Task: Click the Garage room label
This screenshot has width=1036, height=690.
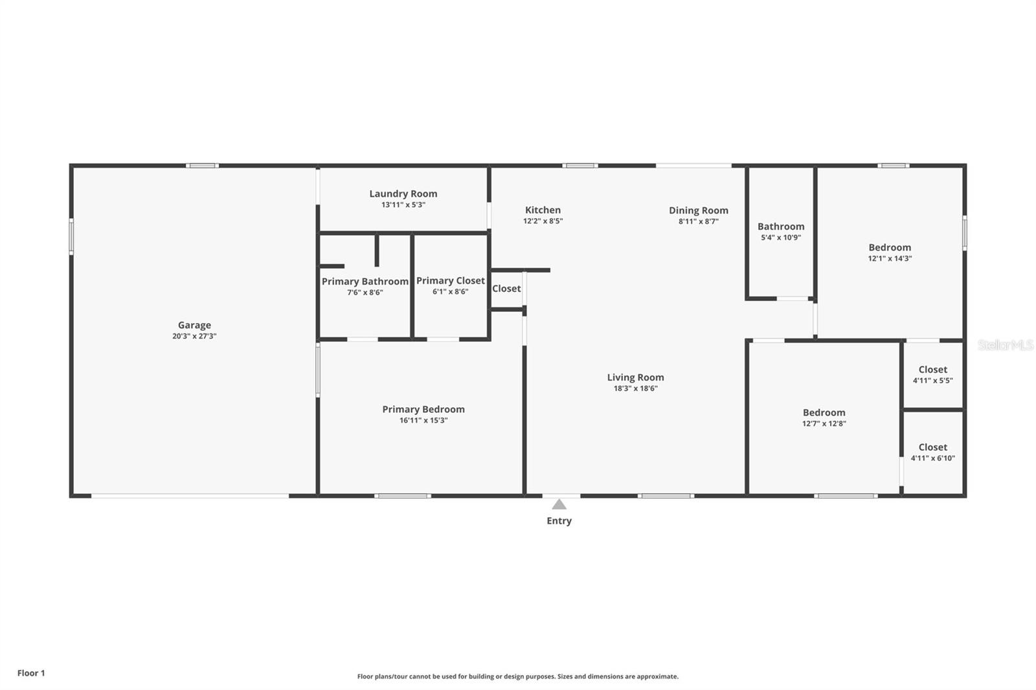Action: point(194,325)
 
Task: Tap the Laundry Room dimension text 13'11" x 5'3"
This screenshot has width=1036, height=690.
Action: point(403,205)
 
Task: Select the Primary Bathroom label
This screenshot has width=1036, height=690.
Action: point(365,281)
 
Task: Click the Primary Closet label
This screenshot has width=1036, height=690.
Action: point(450,280)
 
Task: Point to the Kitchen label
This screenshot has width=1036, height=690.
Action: point(543,210)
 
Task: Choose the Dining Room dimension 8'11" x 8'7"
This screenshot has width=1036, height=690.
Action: point(698,221)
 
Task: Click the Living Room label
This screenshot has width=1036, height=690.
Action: point(635,377)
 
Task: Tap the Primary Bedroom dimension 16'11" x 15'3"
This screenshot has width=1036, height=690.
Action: point(423,420)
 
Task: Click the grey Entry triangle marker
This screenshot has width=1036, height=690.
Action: point(559,504)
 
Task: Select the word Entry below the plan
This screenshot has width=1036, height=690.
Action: point(559,520)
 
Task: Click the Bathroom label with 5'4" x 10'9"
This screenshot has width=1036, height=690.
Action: point(781,227)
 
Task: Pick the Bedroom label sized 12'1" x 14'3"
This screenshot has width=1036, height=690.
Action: point(890,247)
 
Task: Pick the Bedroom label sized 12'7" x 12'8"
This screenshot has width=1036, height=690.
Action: point(824,412)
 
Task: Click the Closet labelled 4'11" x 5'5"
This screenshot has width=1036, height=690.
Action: point(932,370)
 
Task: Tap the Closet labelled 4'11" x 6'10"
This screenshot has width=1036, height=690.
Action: point(932,447)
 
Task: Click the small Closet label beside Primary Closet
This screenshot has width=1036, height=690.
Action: point(506,289)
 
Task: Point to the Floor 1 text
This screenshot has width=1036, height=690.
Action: point(31,673)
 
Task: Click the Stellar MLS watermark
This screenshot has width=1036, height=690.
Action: point(1005,345)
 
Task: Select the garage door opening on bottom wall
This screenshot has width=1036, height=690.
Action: point(190,496)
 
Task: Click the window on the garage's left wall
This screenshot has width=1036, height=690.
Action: point(71,236)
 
